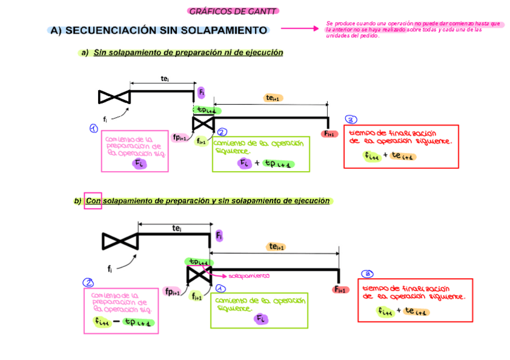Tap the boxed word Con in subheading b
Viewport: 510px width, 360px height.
[x=93, y=201]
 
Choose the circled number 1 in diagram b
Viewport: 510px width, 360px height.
[x=220, y=289]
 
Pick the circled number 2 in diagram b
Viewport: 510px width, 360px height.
[x=88, y=282]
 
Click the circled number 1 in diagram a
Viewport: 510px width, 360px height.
[x=93, y=128]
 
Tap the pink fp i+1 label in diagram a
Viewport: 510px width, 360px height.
[x=179, y=137]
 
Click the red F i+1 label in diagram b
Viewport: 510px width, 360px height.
[x=340, y=290]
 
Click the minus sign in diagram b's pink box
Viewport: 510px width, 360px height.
[x=115, y=323]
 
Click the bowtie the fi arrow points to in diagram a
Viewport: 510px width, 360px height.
[x=114, y=96]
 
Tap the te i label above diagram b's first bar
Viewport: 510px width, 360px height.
[x=177, y=228]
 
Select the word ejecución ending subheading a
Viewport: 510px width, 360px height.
[x=264, y=53]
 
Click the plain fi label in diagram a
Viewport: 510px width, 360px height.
[x=105, y=118]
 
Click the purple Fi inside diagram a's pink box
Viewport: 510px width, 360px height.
[x=139, y=163]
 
